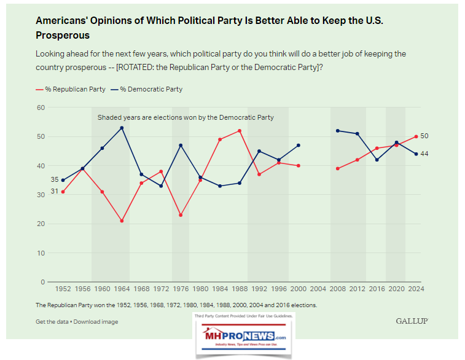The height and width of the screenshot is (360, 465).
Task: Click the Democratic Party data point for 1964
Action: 122,128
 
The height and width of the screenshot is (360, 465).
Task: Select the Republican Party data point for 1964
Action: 122,221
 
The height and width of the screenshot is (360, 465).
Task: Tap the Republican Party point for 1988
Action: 240,131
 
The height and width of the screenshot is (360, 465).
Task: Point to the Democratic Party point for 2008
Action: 337,131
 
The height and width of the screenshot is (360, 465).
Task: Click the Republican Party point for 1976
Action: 181,215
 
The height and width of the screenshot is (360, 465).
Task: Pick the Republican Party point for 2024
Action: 416,136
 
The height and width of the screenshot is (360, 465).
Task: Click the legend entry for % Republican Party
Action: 68,89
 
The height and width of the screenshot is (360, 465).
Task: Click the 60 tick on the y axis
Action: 41,108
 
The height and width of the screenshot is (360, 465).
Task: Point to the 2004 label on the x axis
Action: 318,288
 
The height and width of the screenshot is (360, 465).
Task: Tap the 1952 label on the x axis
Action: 63,288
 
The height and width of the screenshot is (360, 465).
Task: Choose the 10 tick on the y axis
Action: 41,253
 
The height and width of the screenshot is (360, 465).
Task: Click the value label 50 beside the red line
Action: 424,136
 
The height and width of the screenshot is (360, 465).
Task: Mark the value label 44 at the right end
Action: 424,154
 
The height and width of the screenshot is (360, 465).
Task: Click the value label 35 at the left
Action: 54,179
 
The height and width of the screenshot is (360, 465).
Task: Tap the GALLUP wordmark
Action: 412,321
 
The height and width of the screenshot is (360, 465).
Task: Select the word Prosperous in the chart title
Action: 63,36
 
